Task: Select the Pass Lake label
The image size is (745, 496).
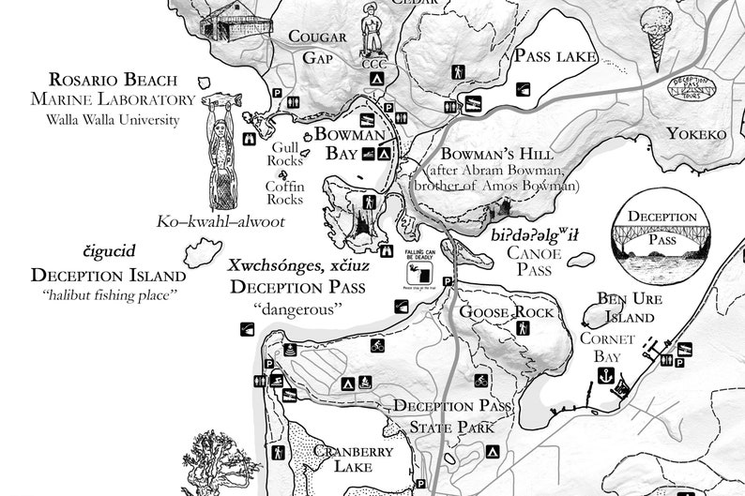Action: (x=555, y=56)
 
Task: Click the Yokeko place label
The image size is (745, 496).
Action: (x=696, y=134)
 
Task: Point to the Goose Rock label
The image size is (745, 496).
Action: (x=497, y=311)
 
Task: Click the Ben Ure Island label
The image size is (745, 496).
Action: (x=624, y=308)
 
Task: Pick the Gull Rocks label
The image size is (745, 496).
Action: (x=284, y=154)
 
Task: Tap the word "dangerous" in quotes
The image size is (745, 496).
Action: (x=298, y=308)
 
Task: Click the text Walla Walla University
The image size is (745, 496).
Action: (x=113, y=119)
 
